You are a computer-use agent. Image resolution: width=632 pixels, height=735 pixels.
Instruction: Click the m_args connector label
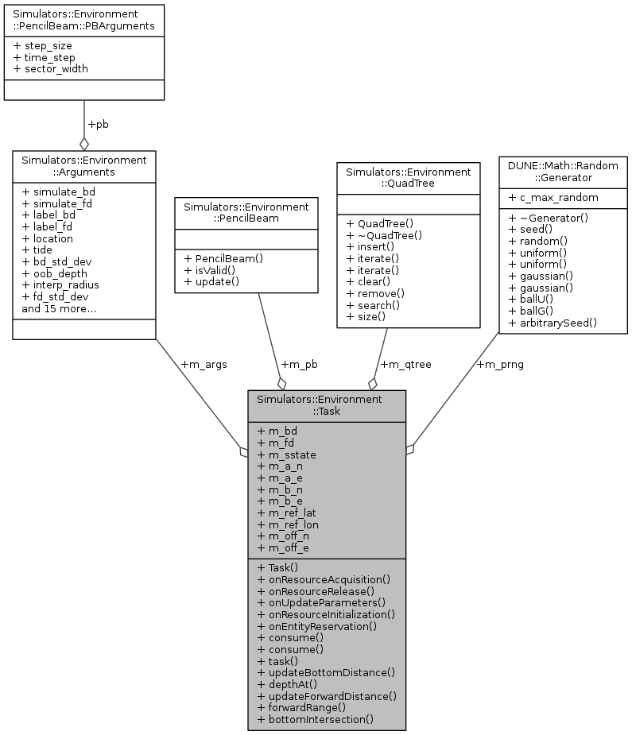(204, 364)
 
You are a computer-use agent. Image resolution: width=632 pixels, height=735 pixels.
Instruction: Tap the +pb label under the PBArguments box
(98, 125)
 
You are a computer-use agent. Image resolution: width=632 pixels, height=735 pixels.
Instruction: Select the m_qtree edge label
(406, 364)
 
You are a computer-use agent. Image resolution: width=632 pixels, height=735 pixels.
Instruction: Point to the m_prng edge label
(500, 364)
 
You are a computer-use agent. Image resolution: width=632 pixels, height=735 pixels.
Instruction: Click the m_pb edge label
(299, 364)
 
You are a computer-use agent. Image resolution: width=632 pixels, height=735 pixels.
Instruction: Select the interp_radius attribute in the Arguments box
(60, 284)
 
